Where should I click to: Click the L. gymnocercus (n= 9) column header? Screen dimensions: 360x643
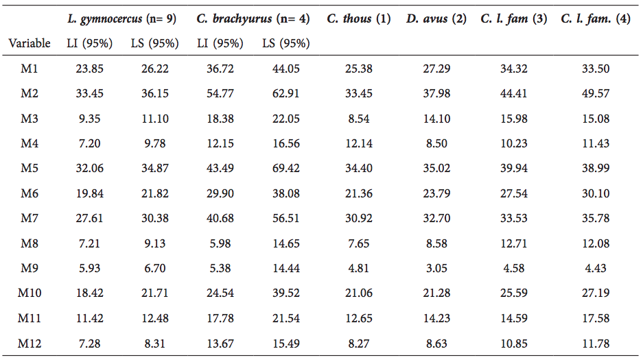[x=122, y=19]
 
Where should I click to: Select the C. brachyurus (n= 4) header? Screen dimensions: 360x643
[x=253, y=19]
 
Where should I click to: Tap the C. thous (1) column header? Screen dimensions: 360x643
[x=359, y=19]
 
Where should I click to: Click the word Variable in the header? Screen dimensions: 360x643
[x=30, y=43]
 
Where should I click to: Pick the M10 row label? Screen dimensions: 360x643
[x=30, y=293]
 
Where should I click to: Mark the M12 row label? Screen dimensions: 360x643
[x=30, y=343]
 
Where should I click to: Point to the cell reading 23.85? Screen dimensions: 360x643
[x=89, y=69]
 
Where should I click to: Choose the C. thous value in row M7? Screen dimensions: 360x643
[x=359, y=219]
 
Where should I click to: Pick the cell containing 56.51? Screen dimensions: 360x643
[x=285, y=219]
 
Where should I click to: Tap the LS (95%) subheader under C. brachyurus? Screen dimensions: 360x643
[x=285, y=43]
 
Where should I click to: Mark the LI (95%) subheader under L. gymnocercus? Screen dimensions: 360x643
[x=89, y=43]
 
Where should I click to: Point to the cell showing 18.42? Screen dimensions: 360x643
[x=89, y=293]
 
